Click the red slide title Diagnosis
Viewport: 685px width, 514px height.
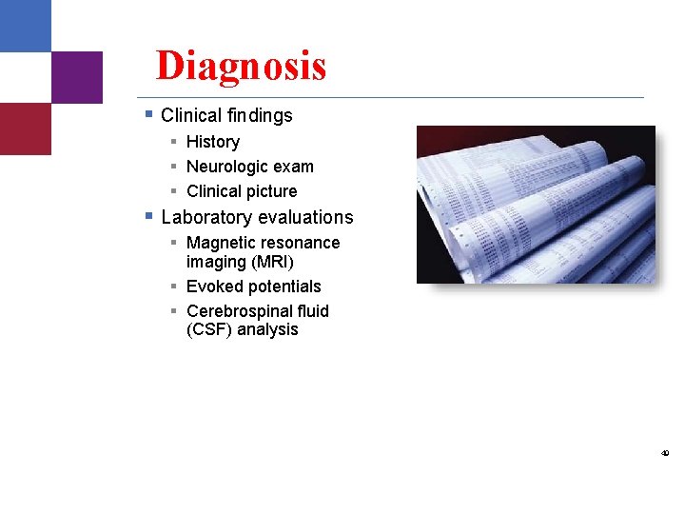coord(241,66)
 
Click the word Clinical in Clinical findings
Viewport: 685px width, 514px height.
coord(192,115)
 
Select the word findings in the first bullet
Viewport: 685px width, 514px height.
coord(260,115)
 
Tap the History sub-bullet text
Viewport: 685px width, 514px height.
coord(213,142)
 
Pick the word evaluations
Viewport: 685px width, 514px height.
coord(304,217)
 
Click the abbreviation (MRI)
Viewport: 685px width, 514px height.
coord(273,262)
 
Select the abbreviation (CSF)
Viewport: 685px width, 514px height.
coord(209,330)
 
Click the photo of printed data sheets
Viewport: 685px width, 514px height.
coord(536,205)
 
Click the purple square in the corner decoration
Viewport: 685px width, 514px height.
coord(77,77)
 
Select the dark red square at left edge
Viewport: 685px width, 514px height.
coord(26,128)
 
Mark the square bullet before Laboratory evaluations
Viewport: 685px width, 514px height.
coord(148,216)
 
